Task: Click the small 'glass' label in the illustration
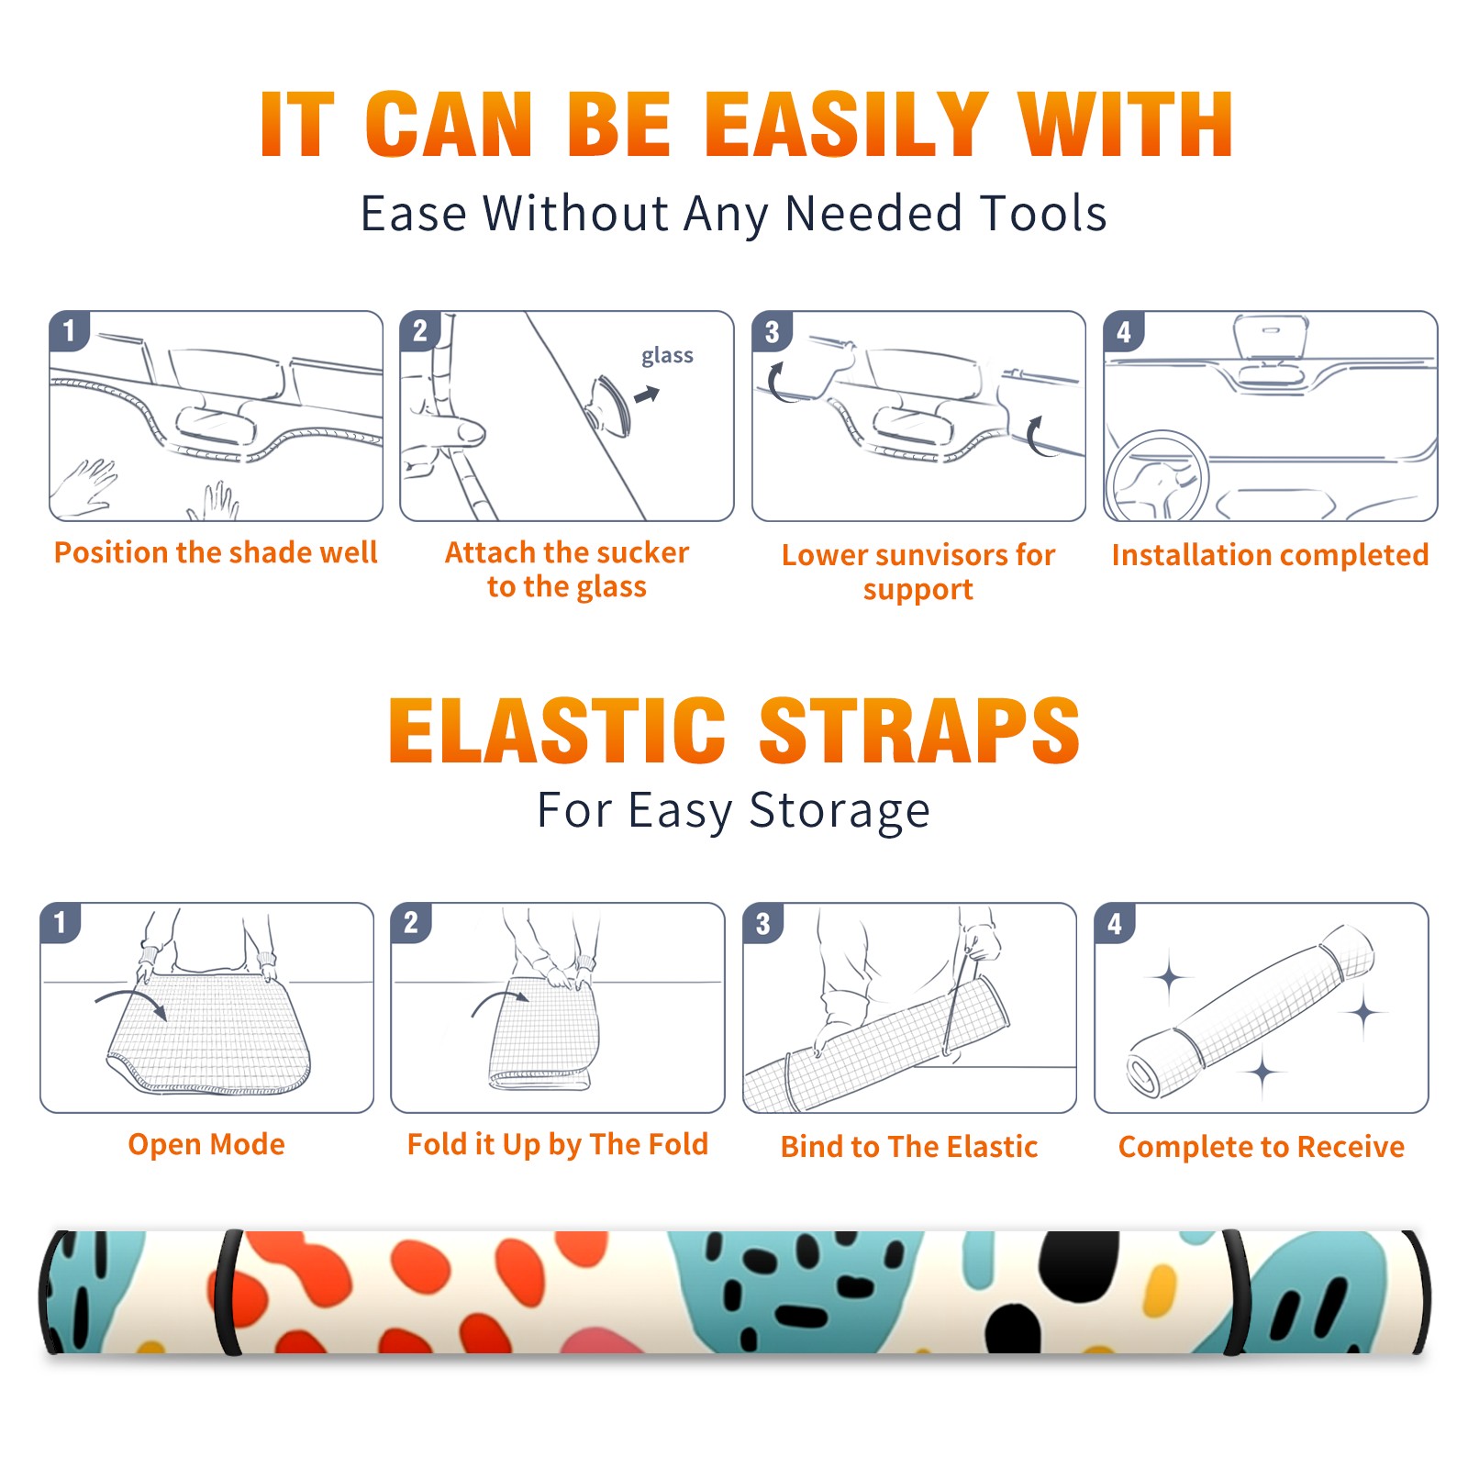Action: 667,356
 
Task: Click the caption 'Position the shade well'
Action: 216,552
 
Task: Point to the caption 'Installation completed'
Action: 1270,554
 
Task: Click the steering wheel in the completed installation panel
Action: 1158,477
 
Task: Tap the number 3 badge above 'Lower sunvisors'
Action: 772,332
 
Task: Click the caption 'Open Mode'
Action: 206,1144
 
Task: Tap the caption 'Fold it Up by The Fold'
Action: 558,1144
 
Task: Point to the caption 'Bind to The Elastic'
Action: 909,1146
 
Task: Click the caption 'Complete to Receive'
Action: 1262,1147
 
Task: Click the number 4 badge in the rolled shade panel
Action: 1115,923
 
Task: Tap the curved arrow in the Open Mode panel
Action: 130,997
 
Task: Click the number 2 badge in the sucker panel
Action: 420,331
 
